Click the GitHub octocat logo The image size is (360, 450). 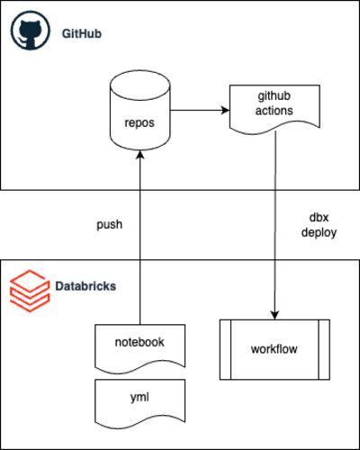tap(30, 31)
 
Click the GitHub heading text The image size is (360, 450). tap(82, 33)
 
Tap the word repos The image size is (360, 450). tap(139, 122)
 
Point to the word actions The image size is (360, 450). tap(274, 111)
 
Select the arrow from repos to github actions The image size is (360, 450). tap(200, 110)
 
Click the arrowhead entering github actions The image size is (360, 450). tap(226, 110)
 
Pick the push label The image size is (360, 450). tap(110, 224)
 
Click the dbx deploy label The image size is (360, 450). tap(319, 225)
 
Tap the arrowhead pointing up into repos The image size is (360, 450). tap(140, 155)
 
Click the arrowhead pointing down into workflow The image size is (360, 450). tap(274, 315)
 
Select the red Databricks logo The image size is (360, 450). tap(30, 291)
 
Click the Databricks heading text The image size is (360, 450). tap(85, 286)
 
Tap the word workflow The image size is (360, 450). tap(274, 349)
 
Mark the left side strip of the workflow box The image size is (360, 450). tap(225, 350)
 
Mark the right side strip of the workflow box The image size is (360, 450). tap(324, 350)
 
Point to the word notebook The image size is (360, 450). tap(139, 342)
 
